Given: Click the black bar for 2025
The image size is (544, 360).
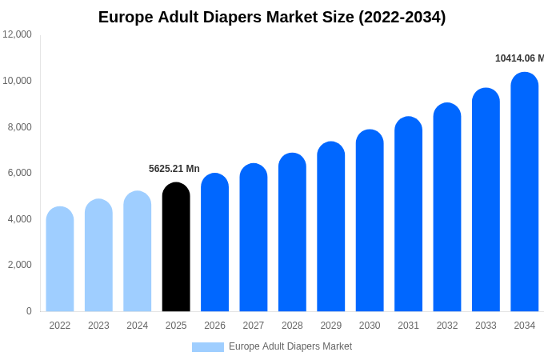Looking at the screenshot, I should (176, 247).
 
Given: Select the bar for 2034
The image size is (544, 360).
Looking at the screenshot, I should (525, 192).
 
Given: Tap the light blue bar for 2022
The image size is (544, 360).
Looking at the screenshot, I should (60, 259).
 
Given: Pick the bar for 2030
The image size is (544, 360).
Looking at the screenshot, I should (370, 221).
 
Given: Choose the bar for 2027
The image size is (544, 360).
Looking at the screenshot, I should (254, 238).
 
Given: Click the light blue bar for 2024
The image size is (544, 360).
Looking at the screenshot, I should (138, 251).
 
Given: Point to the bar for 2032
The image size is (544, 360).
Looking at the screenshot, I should (447, 207).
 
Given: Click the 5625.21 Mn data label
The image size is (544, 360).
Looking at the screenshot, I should (174, 169).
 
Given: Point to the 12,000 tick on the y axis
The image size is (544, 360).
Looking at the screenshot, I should (18, 34).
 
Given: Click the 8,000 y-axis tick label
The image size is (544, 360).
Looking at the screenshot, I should (18, 126).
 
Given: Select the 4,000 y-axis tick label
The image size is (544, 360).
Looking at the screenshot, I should (18, 218).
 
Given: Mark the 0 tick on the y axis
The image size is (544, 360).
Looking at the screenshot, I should (29, 311).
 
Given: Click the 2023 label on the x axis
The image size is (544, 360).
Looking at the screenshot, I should (98, 326).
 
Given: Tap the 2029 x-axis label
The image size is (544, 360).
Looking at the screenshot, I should (331, 326).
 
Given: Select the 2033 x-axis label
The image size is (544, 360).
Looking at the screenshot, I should (486, 326).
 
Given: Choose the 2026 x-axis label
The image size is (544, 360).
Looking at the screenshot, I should (214, 326).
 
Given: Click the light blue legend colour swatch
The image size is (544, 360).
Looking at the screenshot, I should (208, 347).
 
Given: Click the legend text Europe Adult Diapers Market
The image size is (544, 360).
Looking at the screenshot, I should (290, 346).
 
